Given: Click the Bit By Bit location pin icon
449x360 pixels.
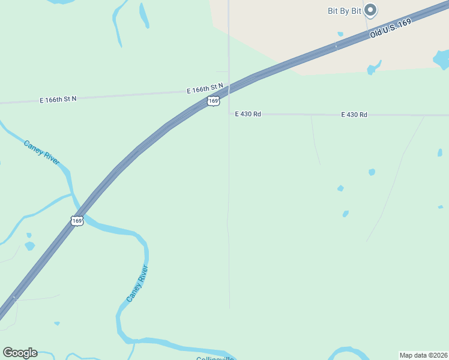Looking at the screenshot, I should (x=370, y=10).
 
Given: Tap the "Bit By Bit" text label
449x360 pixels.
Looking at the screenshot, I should (x=345, y=10).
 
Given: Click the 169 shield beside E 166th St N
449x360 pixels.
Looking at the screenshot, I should (x=213, y=101).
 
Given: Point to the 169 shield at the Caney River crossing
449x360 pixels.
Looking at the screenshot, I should (x=77, y=221).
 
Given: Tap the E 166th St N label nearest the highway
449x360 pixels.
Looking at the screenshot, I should (x=205, y=89).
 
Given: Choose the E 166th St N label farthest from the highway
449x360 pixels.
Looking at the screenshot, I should (x=58, y=98).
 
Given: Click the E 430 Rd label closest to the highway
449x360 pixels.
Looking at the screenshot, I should (x=248, y=113).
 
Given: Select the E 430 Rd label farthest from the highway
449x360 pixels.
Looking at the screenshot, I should (x=354, y=114).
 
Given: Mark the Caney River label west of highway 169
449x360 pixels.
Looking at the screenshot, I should (x=41, y=153).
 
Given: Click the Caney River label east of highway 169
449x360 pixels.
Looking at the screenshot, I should (x=137, y=284).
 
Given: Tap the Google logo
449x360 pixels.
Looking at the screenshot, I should (x=20, y=353).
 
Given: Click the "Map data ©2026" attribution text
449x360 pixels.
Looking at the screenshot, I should (x=423, y=355).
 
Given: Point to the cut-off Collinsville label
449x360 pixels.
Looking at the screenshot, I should (x=214, y=358).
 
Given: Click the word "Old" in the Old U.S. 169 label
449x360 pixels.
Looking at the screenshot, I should (x=376, y=34).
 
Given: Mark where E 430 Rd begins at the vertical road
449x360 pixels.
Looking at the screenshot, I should (x=229, y=113).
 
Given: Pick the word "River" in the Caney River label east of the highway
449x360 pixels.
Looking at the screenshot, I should (x=142, y=274).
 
